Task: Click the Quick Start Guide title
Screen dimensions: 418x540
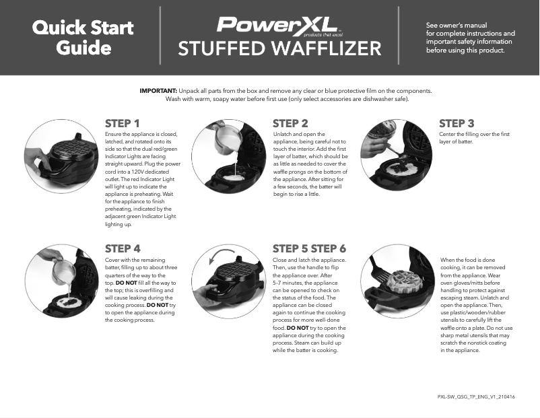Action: point(83,38)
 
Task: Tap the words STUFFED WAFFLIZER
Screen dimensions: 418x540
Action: point(279,49)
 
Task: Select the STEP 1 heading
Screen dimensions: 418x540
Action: point(123,123)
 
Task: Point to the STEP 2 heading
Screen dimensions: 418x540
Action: point(290,123)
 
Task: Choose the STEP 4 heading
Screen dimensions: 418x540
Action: point(123,248)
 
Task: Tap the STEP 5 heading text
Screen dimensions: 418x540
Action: point(290,248)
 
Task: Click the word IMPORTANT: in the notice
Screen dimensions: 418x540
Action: point(158,90)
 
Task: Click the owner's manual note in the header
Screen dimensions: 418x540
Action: point(470,38)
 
